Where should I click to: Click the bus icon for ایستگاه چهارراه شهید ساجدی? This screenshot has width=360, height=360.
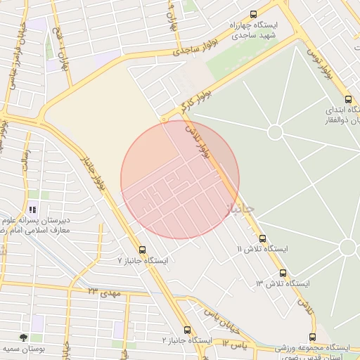(x=253, y=13)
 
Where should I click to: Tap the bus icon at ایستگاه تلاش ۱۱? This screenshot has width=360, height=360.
(x=263, y=238)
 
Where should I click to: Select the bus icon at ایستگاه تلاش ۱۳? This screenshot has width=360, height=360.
(x=283, y=273)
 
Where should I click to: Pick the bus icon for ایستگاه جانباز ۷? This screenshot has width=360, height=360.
(x=143, y=250)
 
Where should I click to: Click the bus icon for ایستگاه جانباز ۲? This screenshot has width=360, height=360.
(x=187, y=330)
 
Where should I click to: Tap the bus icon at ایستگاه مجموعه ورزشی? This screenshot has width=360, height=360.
(x=312, y=337)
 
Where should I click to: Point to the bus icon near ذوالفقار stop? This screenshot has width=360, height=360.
(x=349, y=99)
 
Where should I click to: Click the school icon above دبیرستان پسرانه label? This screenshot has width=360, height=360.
(x=32, y=209)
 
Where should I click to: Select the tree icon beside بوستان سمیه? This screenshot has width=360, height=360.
(x=23, y=337)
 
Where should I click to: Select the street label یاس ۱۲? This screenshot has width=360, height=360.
(x=235, y=343)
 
